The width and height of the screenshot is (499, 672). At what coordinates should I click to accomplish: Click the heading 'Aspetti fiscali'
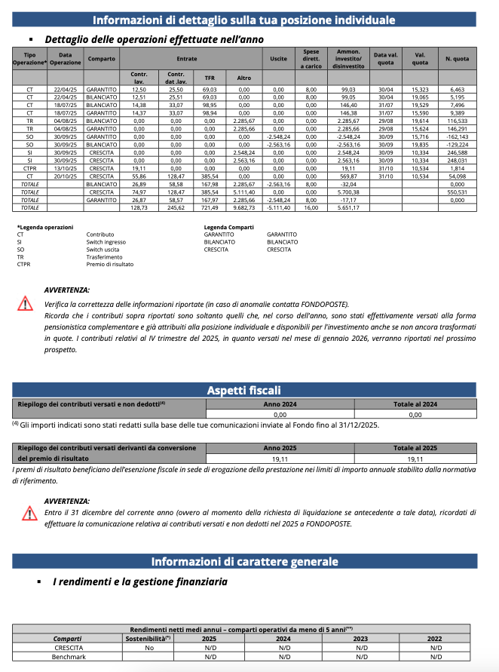click(x=243, y=390)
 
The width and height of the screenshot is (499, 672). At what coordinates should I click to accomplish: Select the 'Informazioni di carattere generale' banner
click(x=243, y=562)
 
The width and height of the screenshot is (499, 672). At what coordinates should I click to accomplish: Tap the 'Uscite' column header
click(x=278, y=58)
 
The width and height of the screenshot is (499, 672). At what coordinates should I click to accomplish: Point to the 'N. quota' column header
click(x=457, y=58)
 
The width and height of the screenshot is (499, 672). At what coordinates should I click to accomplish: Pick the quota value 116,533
click(x=457, y=120)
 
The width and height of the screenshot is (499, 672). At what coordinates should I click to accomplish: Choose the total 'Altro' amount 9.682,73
click(x=243, y=207)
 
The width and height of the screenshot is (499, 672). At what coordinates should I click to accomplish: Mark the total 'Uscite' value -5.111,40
click(x=278, y=207)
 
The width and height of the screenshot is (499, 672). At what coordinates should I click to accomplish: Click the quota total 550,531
click(x=457, y=193)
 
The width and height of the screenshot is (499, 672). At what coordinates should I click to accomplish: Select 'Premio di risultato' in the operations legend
click(x=110, y=265)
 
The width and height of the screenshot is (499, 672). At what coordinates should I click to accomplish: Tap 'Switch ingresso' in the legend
click(x=106, y=242)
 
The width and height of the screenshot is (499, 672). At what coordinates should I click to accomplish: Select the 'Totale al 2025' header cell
click(x=415, y=447)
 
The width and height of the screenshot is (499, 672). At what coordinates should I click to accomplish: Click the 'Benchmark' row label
click(x=67, y=657)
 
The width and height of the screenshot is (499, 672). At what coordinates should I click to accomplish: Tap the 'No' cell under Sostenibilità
click(x=148, y=648)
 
